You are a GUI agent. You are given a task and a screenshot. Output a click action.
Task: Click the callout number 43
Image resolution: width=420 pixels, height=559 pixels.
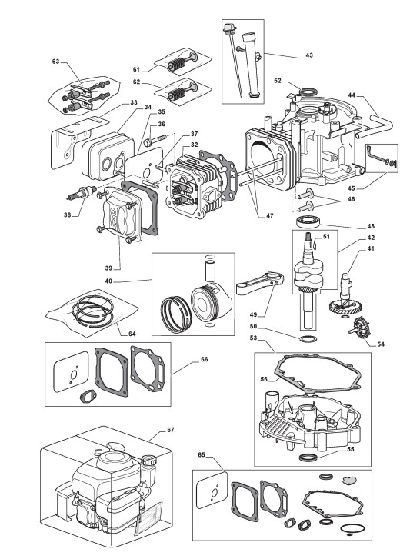pos(309,55)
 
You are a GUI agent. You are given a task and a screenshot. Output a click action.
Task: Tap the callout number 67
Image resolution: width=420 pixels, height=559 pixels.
pos(171,430)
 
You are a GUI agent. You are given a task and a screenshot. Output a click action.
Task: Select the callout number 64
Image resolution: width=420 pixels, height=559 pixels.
pos(132,334)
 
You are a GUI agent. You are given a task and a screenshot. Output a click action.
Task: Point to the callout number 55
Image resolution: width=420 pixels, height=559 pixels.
pos(351,449)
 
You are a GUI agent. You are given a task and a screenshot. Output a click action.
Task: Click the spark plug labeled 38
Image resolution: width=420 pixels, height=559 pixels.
pos(82,193)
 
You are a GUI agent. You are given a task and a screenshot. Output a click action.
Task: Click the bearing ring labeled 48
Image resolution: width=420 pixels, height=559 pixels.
pos(308,221)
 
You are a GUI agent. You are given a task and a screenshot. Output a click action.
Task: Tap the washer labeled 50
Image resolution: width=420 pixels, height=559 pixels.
pos(307,338)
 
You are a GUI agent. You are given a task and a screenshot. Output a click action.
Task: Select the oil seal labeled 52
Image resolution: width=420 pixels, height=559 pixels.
pos(307,92)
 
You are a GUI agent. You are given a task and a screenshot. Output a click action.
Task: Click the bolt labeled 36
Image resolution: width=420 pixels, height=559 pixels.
pos(155,140)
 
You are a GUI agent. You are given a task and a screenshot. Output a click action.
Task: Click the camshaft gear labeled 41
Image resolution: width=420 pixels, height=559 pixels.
pos(341,297)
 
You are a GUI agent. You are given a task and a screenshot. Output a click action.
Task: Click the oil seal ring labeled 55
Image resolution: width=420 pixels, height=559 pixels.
pos(308,457)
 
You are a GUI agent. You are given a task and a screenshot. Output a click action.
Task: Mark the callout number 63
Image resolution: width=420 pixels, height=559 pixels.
pos(55,62)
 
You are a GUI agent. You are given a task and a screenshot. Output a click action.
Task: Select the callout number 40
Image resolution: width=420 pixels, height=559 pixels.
pos(108,281)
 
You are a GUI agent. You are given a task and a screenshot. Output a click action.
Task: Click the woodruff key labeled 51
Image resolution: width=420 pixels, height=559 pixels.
pos(315,245)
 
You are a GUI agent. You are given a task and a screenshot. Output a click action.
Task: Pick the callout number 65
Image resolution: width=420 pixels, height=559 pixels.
pos(202,455)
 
